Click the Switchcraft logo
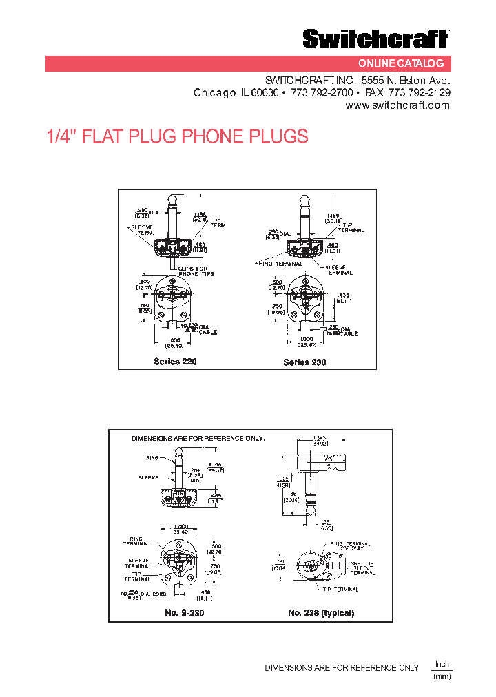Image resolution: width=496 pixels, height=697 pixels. click(x=375, y=39)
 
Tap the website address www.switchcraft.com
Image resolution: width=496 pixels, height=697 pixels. click(x=397, y=105)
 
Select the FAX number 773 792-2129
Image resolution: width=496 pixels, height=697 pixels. click(x=419, y=92)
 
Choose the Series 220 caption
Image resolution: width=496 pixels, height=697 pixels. click(x=175, y=362)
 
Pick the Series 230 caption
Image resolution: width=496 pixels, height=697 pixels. click(x=304, y=362)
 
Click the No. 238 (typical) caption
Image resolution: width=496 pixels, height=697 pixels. click(x=320, y=612)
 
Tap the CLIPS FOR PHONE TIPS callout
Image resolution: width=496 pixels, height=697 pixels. click(x=197, y=271)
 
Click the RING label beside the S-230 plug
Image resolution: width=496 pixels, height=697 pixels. click(x=152, y=457)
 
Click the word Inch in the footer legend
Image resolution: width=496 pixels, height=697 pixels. click(x=442, y=664)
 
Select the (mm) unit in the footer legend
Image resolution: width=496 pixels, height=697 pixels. click(x=442, y=677)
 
